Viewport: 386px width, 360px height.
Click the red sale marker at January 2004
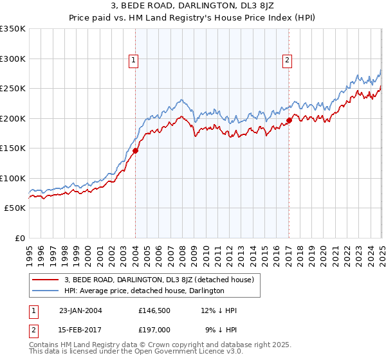pos(136,152)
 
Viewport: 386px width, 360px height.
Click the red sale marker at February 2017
pos(289,120)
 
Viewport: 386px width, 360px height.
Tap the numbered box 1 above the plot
pos(133,61)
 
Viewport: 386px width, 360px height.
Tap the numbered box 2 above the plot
pos(287,61)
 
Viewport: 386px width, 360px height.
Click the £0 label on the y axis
pos(19,239)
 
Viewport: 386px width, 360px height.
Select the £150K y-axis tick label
pos(12,148)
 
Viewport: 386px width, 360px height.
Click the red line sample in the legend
pos(46,280)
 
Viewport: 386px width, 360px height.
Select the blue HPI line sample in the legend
pos(46,291)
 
